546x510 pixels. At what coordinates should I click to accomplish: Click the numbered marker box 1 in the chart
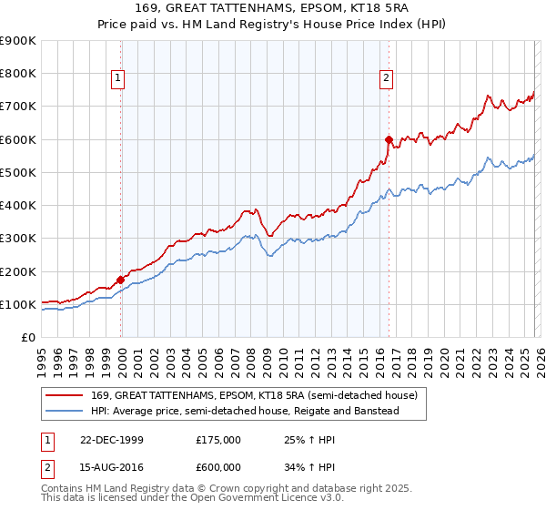118,79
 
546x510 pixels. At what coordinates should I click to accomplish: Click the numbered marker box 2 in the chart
386,79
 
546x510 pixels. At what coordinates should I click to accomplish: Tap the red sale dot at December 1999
121,280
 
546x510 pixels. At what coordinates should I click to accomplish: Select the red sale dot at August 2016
389,139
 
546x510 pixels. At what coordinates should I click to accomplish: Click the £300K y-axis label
18,239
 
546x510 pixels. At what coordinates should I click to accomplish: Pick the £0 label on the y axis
29,337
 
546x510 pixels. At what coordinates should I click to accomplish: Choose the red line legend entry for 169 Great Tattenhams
254,395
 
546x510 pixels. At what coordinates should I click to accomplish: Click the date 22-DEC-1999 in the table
113,439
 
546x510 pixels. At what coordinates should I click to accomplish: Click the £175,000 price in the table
218,439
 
